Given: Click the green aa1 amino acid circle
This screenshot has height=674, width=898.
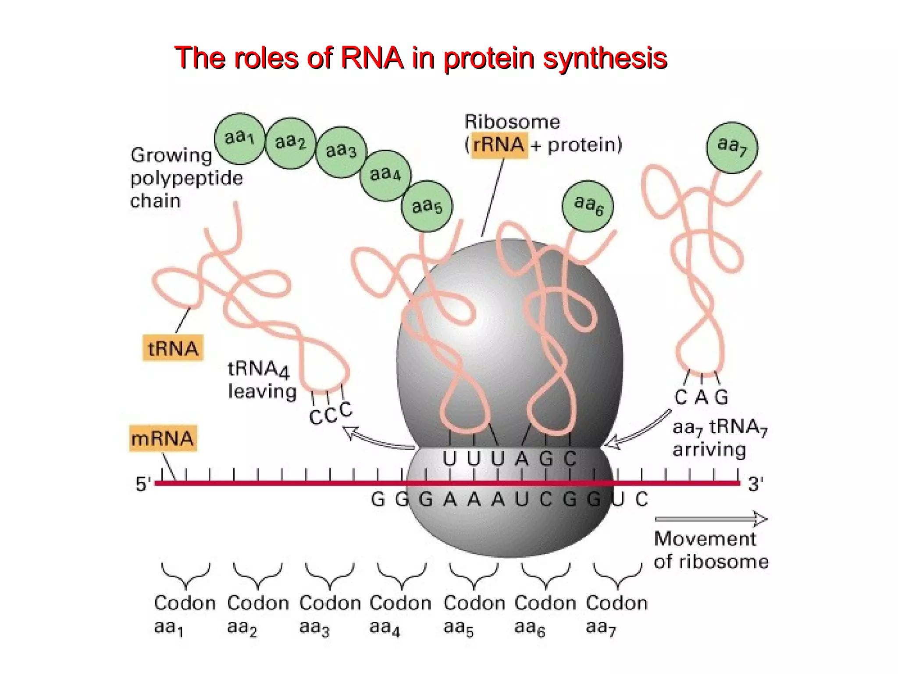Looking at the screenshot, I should (x=239, y=138).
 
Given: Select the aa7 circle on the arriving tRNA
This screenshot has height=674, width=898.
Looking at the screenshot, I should (x=732, y=147).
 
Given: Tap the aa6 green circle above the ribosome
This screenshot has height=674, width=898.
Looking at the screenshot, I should (x=588, y=205).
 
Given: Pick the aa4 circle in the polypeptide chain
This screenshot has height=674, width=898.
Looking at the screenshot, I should (x=385, y=175).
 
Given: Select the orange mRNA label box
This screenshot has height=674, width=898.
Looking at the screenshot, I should (x=163, y=438).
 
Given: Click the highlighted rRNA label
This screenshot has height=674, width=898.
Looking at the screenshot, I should (x=499, y=145).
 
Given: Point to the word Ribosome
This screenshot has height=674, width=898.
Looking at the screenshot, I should (x=512, y=122).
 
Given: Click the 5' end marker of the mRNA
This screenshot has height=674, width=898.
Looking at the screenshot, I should (x=143, y=484).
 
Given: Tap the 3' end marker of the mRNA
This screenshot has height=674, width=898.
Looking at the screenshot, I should (x=755, y=484).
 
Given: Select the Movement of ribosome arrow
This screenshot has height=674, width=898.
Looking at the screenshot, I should (x=710, y=519).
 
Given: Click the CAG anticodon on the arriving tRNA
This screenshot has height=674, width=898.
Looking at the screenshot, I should (x=701, y=397).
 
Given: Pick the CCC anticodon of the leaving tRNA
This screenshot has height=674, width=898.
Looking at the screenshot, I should (x=330, y=413).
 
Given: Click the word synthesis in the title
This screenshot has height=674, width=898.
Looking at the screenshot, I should (x=605, y=58).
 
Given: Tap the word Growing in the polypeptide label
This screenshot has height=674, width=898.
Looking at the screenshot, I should (x=171, y=155).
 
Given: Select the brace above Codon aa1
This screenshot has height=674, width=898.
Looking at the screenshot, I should (x=185, y=575).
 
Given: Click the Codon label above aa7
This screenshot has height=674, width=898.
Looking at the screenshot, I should (x=616, y=603).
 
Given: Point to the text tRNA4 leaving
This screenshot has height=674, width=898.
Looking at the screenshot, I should (x=261, y=380).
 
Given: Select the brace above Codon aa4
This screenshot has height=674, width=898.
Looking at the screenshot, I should (x=401, y=575).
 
